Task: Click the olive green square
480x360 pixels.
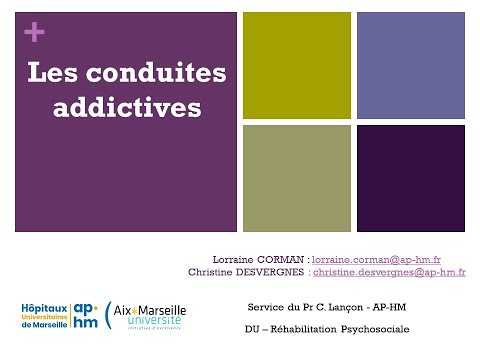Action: tap(296, 66)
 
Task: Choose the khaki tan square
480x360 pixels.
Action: tap(296, 178)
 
